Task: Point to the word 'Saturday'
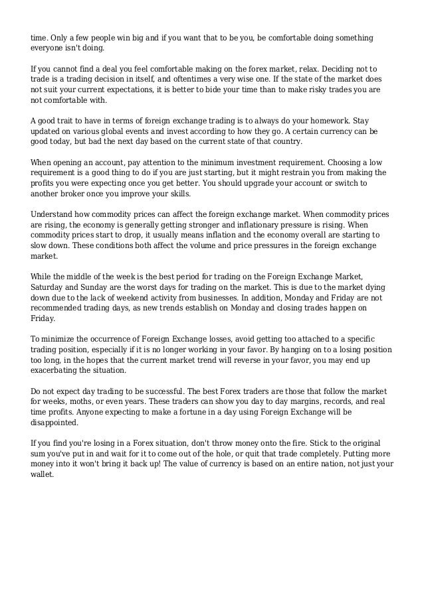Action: (x=49, y=287)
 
